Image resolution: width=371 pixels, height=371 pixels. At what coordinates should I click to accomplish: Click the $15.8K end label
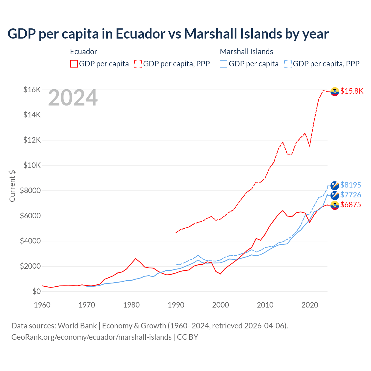[352, 91]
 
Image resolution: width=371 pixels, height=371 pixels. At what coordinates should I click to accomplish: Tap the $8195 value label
[350, 185]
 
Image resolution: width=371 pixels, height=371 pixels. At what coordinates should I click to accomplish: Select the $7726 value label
[350, 195]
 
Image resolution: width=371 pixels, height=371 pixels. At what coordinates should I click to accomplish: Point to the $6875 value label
[350, 205]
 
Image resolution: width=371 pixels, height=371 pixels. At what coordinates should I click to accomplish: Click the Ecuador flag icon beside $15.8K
[335, 91]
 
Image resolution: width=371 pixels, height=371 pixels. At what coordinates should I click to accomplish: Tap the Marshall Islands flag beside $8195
[335, 185]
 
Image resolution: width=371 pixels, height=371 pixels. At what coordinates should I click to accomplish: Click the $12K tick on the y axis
[32, 140]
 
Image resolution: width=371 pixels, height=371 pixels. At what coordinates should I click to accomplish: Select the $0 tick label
[36, 292]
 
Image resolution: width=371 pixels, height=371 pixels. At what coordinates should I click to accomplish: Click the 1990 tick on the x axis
[176, 305]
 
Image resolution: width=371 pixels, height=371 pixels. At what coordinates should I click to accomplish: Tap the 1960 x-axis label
[42, 305]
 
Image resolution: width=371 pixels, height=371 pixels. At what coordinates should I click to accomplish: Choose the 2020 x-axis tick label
[310, 305]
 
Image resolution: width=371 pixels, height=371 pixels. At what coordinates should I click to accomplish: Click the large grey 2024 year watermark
[73, 98]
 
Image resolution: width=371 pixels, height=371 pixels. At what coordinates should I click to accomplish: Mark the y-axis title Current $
[12, 186]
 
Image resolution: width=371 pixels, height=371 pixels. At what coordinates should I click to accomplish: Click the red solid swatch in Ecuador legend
[74, 64]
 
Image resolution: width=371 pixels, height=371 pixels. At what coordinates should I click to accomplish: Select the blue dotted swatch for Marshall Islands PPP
[288, 64]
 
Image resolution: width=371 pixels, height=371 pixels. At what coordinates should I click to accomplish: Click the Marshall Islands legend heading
[246, 52]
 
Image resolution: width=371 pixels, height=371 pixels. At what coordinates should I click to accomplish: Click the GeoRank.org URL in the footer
[91, 337]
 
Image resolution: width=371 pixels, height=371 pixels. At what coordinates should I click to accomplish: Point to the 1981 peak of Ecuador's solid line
[136, 258]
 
